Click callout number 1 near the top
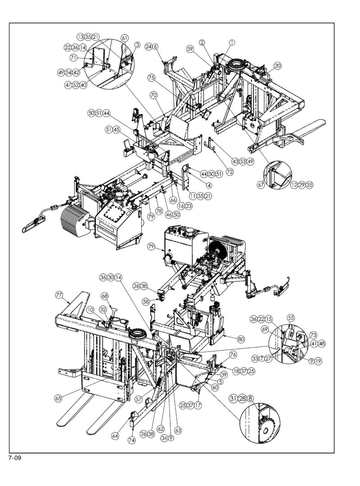coord(232,42)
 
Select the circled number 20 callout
coord(278,66)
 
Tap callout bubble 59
coord(190,49)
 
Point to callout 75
coord(151,78)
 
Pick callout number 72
coord(230,171)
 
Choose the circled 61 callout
coord(124,38)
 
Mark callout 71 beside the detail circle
coord(73,57)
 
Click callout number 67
coord(261,185)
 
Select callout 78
coord(159,211)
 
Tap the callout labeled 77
coord(59,295)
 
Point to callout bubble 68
coord(104,296)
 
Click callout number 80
coord(241,339)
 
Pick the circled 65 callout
coord(58,399)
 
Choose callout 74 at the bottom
coord(132,440)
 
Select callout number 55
coord(291,317)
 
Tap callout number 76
coord(233,355)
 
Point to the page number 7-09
coord(15,458)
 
